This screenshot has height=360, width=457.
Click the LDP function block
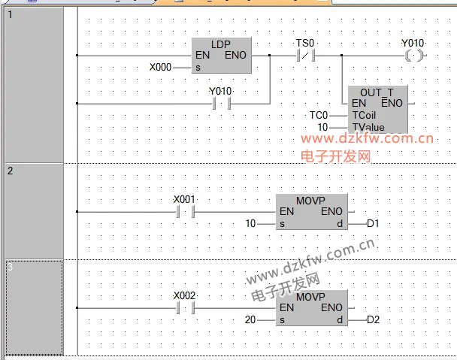(x=222, y=56)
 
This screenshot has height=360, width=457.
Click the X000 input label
(x=160, y=67)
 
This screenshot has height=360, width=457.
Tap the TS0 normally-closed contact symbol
(x=305, y=56)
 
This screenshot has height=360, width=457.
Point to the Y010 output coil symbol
(x=413, y=56)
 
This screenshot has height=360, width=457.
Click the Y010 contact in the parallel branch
(x=220, y=103)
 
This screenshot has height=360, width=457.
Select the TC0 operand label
(x=319, y=115)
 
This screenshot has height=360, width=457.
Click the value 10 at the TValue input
(x=322, y=128)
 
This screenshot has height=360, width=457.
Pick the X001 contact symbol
(x=184, y=212)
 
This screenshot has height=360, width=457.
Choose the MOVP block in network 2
(x=311, y=212)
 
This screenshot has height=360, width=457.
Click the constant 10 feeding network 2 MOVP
(x=251, y=224)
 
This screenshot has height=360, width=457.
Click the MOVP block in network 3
(x=311, y=307)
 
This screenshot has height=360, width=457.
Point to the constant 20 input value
(x=251, y=319)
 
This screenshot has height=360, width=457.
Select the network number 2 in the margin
(x=11, y=171)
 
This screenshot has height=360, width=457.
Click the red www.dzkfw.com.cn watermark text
(x=368, y=138)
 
